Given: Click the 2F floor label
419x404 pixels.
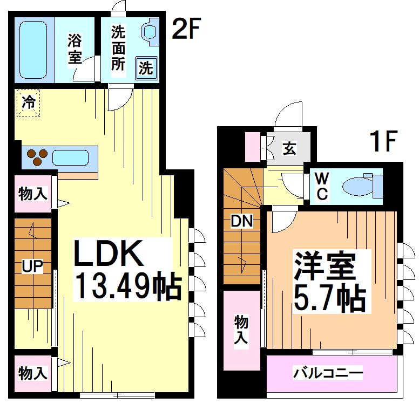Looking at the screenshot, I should (186, 30).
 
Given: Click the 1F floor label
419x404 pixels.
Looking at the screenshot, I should (383, 142).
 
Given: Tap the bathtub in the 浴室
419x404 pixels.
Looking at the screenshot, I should (34, 49).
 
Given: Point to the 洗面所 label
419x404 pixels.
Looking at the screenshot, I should (118, 48).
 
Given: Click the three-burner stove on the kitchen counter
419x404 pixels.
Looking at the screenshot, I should (38, 157).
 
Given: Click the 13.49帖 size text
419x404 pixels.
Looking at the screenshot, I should (126, 286).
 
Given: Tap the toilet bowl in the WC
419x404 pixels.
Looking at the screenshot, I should (359, 187).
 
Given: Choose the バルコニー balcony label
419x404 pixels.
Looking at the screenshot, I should (328, 373).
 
